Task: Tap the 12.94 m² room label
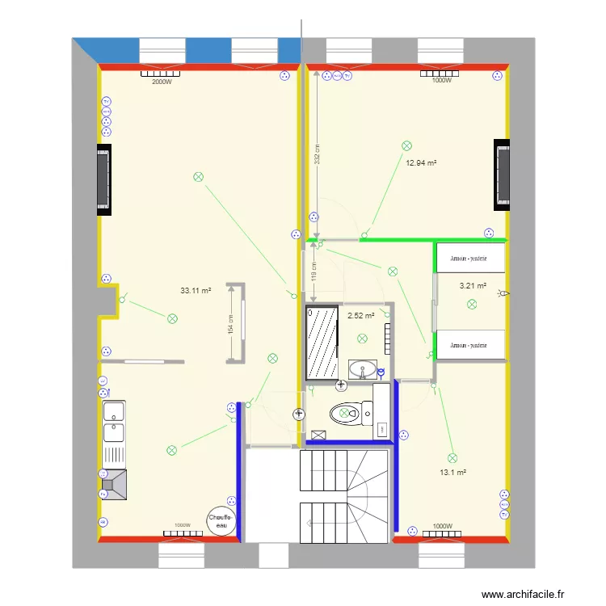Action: pos(421,162)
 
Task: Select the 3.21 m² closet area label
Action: pos(473,285)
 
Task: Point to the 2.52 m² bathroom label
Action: pos(360,316)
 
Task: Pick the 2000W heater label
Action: pos(162,81)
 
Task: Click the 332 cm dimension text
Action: pos(318,154)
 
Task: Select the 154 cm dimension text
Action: pos(230,325)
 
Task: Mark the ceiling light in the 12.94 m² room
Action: pos(406,145)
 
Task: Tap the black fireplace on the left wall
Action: pos(103,179)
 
